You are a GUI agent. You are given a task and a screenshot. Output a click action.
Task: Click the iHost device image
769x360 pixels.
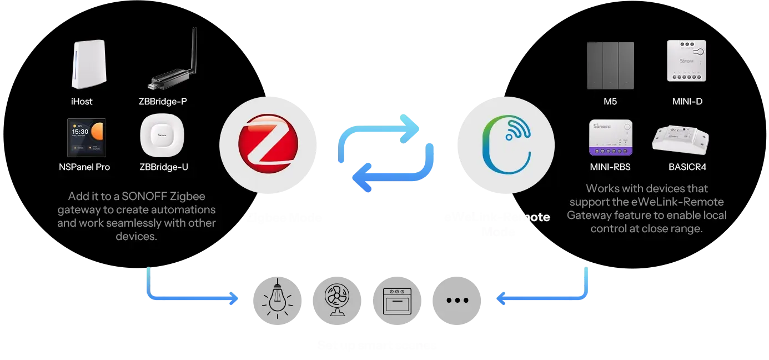(88, 64)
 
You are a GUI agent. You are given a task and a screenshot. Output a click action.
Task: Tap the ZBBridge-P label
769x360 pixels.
(166, 102)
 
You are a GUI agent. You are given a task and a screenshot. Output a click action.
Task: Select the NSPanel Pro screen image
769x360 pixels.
(86, 137)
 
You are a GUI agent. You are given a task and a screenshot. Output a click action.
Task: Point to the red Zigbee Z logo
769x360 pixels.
(269, 144)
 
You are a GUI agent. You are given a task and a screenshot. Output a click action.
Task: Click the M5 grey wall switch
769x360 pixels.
(610, 65)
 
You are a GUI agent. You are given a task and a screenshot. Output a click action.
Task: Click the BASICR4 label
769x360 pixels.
(687, 167)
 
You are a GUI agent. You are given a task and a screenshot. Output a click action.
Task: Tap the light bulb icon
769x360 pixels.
(278, 300)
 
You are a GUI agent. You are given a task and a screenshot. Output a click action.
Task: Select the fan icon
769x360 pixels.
(337, 300)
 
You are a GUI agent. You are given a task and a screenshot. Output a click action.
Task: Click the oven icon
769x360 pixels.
(397, 300)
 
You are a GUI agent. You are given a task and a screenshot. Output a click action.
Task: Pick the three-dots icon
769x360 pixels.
(457, 300)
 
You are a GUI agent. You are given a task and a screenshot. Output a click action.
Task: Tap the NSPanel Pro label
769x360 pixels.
(84, 167)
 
